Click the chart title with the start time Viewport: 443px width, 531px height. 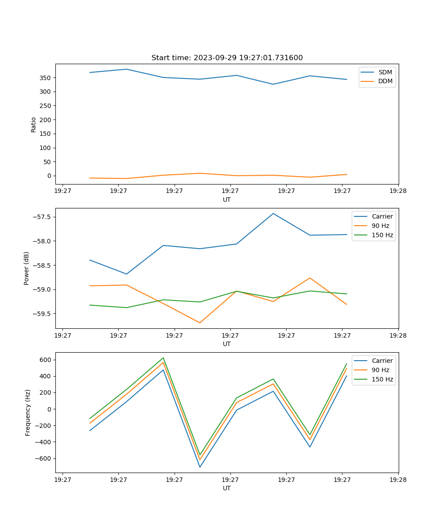(x=227, y=58)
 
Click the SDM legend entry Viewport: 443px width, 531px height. (x=385, y=72)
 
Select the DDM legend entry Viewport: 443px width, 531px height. (x=385, y=81)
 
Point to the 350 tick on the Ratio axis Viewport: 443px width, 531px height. (x=46, y=78)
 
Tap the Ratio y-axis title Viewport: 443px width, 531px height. (x=34, y=124)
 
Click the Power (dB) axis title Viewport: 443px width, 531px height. (x=27, y=268)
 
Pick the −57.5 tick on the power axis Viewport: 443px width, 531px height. (x=43, y=217)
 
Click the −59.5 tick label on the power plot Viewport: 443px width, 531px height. (x=43, y=314)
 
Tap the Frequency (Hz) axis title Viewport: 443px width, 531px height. (x=28, y=412)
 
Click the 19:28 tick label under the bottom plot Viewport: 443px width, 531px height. (x=398, y=479)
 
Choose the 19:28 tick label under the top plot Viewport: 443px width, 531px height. (x=398, y=191)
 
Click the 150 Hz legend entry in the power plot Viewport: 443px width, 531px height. (x=382, y=235)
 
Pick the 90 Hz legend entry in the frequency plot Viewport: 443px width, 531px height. (x=381, y=370)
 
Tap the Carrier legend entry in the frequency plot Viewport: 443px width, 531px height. (x=382, y=361)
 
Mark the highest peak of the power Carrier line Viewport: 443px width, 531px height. (x=273, y=213)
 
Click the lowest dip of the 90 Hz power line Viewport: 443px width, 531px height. (x=200, y=323)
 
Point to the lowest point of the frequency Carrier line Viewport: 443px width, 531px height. (x=200, y=467)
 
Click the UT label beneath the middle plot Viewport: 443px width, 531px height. (x=227, y=344)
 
